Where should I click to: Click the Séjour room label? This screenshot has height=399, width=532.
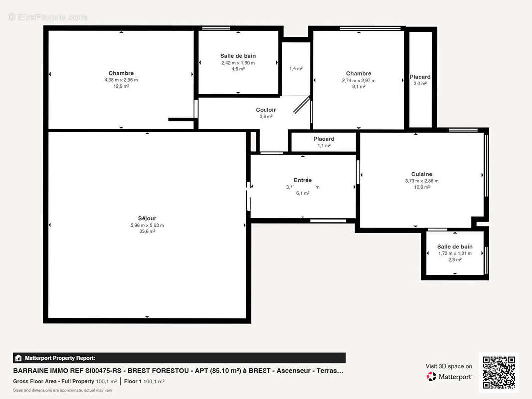(x=147, y=218)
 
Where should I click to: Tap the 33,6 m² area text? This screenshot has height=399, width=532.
(x=147, y=231)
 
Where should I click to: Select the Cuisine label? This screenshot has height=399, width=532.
(x=422, y=174)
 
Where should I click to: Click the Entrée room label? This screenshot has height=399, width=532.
(x=302, y=180)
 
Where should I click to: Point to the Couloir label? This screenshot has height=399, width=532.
(x=266, y=110)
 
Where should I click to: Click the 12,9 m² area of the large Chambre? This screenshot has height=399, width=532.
(x=121, y=86)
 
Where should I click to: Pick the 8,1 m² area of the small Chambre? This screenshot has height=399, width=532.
(x=358, y=86)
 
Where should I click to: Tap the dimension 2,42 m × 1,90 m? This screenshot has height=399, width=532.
(x=238, y=63)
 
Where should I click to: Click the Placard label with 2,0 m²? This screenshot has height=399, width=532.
(x=420, y=77)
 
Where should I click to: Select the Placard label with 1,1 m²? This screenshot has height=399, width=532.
(x=324, y=139)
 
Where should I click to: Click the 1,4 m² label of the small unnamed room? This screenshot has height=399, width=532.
(x=296, y=69)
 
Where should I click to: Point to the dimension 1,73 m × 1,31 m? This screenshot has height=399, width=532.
(x=454, y=253)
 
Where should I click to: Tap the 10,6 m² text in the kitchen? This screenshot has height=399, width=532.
(x=422, y=187)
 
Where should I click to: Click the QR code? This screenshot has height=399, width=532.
(x=499, y=372)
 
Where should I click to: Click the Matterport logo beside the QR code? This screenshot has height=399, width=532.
(x=449, y=377)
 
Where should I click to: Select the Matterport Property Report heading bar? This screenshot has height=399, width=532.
(x=179, y=358)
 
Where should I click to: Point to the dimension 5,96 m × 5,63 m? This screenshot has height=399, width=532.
(x=147, y=225)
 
